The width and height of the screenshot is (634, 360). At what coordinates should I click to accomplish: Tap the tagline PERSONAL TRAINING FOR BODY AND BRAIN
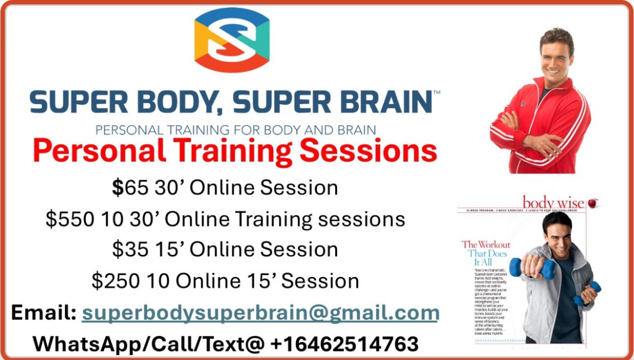pyautogui.click(x=235, y=130)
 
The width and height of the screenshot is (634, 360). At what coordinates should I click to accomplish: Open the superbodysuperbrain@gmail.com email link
pyautogui.click(x=261, y=313)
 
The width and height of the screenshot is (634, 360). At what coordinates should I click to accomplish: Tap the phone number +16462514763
pyautogui.click(x=344, y=344)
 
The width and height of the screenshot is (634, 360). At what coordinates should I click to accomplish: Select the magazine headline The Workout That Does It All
pyautogui.click(x=486, y=253)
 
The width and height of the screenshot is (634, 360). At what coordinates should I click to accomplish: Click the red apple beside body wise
pyautogui.click(x=592, y=203)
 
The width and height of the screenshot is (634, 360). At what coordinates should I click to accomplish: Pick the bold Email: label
pyautogui.click(x=44, y=313)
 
